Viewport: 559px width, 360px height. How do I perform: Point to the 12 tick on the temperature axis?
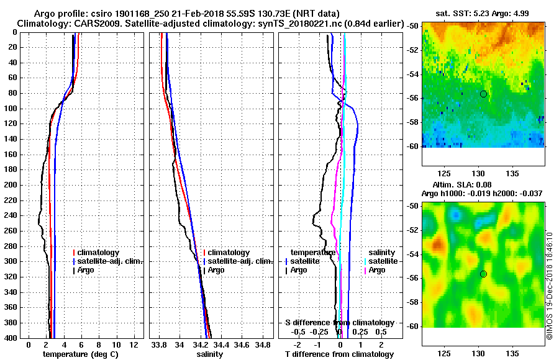coord(133,344)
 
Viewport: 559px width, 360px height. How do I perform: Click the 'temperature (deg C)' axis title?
coord(80,354)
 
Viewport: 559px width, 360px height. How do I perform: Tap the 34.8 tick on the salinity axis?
coord(263,344)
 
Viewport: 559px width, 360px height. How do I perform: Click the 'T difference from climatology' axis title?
coord(340,354)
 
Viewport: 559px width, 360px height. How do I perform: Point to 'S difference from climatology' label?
coord(340,323)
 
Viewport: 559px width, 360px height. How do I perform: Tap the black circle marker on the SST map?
coord(483,94)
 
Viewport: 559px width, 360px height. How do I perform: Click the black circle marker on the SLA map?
coord(483,274)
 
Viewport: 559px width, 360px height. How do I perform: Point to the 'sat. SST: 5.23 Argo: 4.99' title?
coord(483,14)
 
